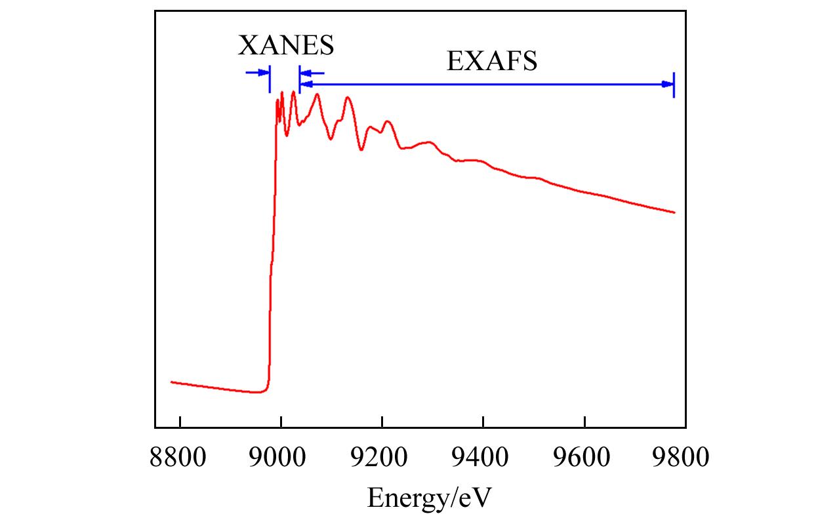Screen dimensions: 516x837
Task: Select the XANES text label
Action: pos(285,46)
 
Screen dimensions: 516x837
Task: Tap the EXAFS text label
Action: pos(492,62)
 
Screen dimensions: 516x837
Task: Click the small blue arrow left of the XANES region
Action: pos(256,72)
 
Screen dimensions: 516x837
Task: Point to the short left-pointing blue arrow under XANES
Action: pos(312,73)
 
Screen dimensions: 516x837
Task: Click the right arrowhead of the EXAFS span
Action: pos(667,84)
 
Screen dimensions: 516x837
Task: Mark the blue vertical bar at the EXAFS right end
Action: pos(674,84)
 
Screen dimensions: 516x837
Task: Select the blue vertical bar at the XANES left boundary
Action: pos(270,79)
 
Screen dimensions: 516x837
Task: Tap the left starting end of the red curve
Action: pos(171,382)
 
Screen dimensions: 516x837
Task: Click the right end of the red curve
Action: pos(674,212)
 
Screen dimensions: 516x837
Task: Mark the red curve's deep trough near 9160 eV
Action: pos(361,150)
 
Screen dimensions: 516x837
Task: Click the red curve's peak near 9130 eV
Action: pos(348,98)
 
